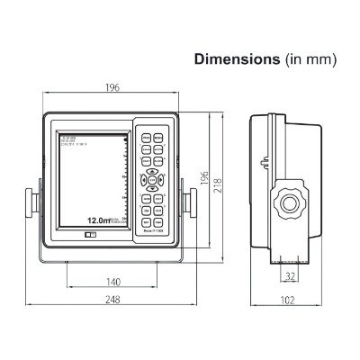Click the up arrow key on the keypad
click(154, 183)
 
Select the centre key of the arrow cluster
click(154, 193)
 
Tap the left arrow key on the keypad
click(144, 193)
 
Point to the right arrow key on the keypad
click(165, 193)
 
